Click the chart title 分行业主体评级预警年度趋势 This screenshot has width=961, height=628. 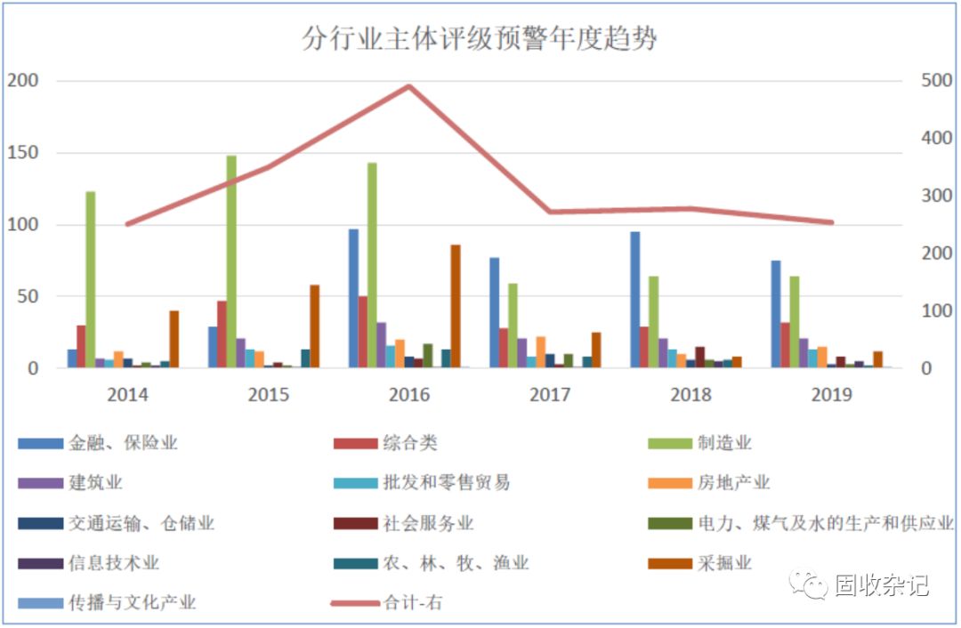click(x=480, y=39)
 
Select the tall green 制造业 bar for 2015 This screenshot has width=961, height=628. click(x=231, y=262)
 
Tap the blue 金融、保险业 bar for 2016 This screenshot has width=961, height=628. click(x=353, y=298)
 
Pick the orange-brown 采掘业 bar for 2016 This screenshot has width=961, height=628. click(x=456, y=306)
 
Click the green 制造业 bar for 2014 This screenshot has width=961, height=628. click(x=90, y=279)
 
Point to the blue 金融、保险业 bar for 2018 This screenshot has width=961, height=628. click(x=634, y=299)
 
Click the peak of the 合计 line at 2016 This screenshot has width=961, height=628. click(x=409, y=86)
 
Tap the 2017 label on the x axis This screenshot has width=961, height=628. click(x=550, y=395)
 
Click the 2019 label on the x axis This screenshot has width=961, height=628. click(x=832, y=395)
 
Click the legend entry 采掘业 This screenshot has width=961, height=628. click(x=724, y=563)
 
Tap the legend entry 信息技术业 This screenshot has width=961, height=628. click(x=114, y=563)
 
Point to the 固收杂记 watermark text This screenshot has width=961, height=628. click(x=881, y=585)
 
